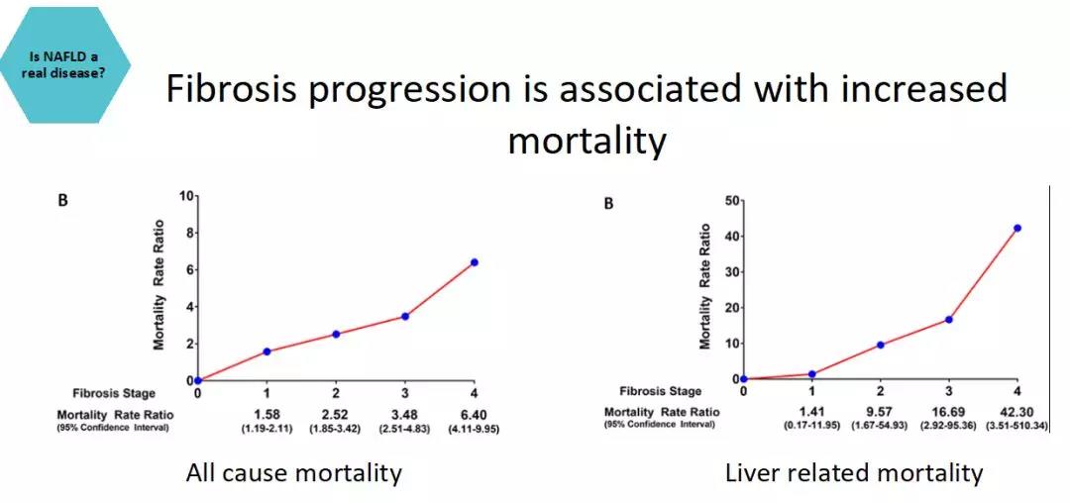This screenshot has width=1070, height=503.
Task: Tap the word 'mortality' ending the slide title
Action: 587,141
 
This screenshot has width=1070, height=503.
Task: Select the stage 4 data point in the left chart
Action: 475,262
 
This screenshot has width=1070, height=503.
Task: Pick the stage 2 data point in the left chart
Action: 336,334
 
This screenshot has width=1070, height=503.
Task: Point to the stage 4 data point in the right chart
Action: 1017,228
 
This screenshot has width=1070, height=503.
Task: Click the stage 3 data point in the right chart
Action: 949,319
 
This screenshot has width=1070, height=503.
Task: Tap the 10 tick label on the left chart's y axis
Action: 186,197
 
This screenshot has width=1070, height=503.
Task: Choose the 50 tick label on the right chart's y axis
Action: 731,200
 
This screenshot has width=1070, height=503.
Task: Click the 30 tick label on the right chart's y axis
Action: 731,271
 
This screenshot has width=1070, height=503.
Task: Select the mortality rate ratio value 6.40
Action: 474,413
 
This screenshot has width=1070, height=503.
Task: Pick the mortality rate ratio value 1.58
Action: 267,413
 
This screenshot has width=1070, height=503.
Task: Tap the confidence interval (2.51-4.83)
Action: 405,428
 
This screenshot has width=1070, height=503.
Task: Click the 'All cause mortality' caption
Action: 294,473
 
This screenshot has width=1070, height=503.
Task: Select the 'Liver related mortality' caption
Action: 854,473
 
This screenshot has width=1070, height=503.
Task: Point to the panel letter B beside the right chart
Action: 609,204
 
